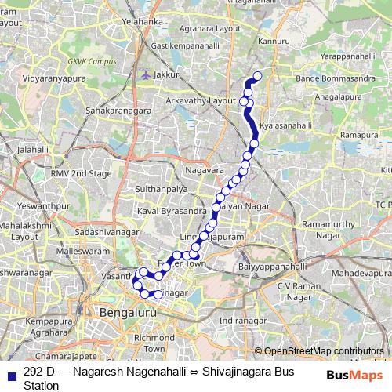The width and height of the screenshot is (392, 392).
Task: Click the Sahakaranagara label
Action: (118, 111)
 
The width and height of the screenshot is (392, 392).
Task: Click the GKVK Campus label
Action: (87, 60)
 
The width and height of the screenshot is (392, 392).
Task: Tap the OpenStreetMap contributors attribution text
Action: (324, 351)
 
